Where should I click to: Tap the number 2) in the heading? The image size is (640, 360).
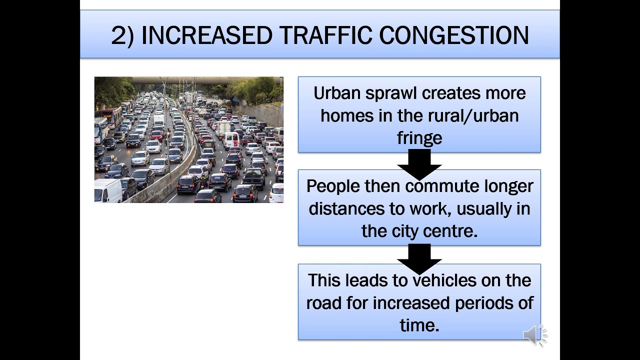(122, 36)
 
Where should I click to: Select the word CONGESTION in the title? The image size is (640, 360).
(453, 35)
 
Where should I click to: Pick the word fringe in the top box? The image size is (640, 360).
(419, 138)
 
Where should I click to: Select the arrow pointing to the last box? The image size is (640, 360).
(419, 258)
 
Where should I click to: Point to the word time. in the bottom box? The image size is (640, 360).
(419, 325)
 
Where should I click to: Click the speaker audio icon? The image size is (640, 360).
(534, 335)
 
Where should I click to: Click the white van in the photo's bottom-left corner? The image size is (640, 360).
(108, 191)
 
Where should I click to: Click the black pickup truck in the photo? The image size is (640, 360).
(254, 177)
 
